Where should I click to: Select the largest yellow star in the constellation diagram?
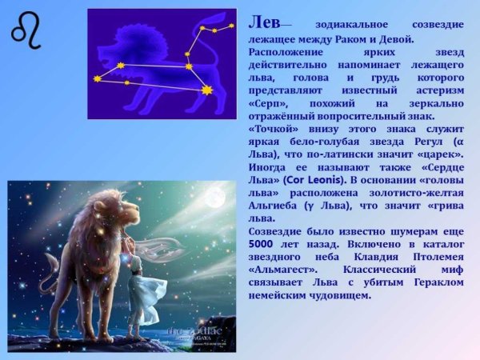tap(207, 90)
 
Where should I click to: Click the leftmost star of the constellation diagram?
tap(98, 78)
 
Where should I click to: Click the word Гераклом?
tap(432, 282)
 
